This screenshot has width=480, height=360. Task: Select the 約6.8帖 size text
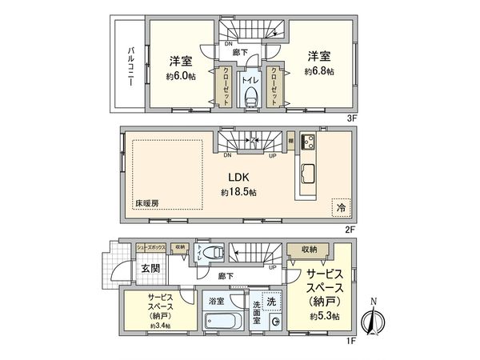[x=318, y=71]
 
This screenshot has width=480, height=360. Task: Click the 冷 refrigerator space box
[x=341, y=206]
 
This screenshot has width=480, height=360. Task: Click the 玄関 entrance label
[x=150, y=268]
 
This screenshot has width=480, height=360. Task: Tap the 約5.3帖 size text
[x=325, y=317]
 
